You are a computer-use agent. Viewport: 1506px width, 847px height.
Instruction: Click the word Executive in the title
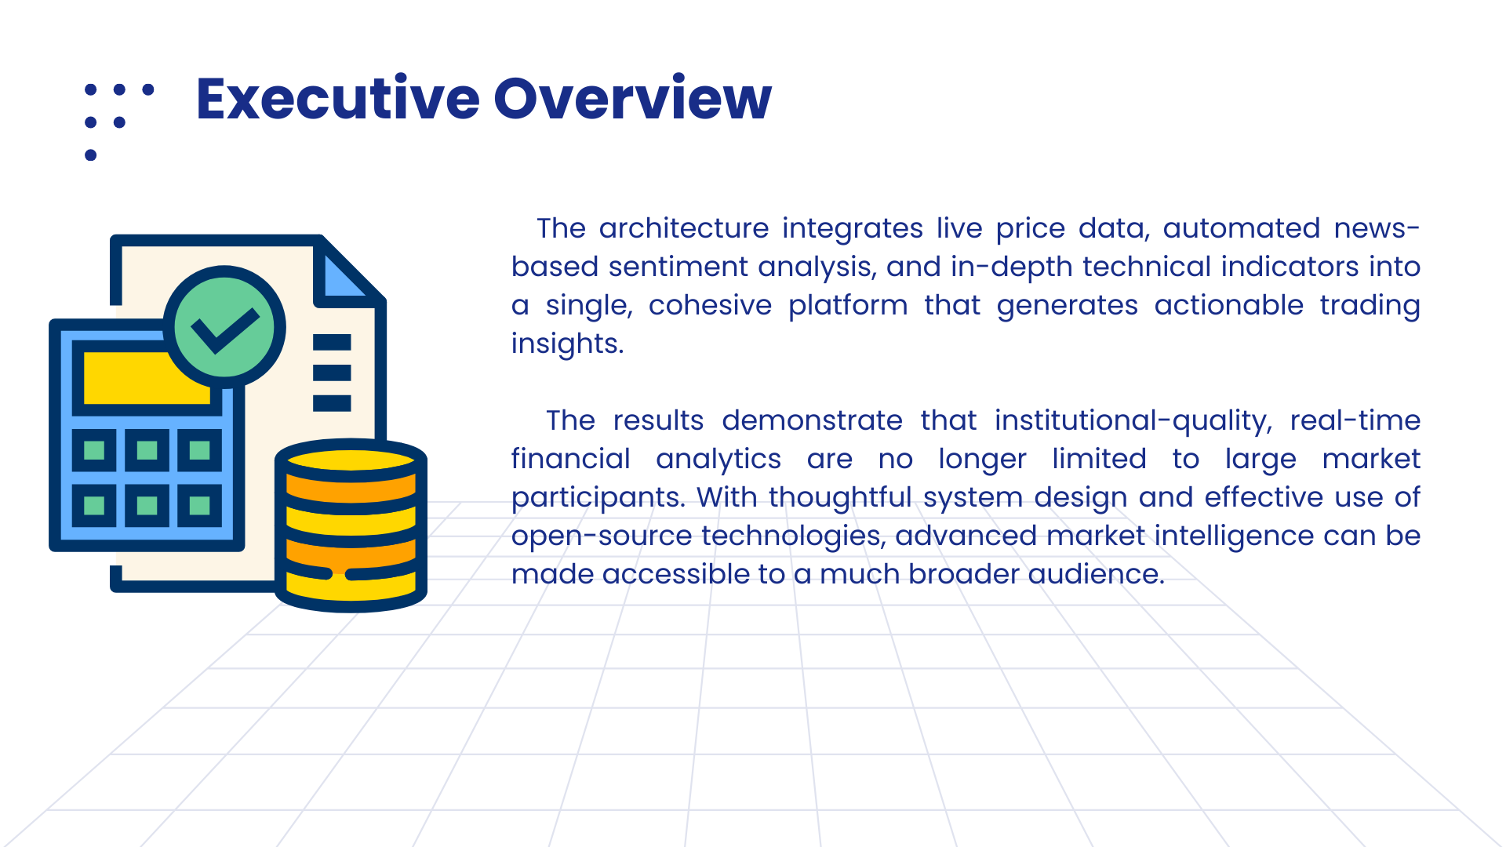(x=338, y=99)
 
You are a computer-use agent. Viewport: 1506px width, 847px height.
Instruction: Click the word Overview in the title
(x=633, y=99)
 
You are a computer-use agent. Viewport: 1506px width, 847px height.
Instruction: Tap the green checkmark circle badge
(x=224, y=326)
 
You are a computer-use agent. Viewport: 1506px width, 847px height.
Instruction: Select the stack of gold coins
(x=351, y=525)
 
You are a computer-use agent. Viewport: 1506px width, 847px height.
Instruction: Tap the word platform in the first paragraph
(x=848, y=306)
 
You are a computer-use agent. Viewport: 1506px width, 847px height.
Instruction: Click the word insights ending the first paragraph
(x=567, y=344)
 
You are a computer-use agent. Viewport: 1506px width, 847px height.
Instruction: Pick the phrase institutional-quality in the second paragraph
(x=1133, y=421)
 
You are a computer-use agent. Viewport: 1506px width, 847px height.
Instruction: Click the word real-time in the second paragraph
(x=1355, y=420)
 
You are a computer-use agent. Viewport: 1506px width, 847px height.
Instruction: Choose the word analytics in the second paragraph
(x=718, y=460)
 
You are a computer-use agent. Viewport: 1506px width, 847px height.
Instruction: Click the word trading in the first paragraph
(x=1370, y=306)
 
